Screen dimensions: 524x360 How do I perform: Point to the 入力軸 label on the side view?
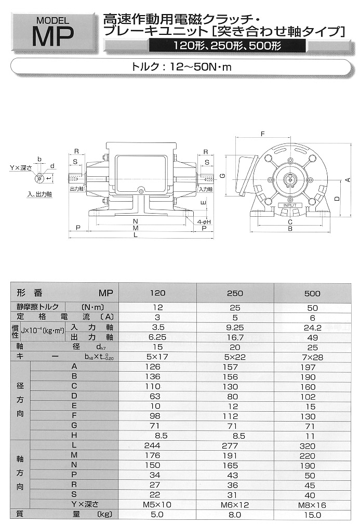tap(205, 190)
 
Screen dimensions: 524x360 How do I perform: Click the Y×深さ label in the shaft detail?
tap(21, 168)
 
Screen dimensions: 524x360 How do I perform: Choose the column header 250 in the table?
tap(235, 293)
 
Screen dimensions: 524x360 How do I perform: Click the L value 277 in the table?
tap(235, 446)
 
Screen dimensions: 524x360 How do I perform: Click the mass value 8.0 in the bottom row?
tap(235, 515)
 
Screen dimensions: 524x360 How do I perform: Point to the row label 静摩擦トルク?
tap(42, 307)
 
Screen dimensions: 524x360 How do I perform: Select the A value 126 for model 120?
tap(158, 367)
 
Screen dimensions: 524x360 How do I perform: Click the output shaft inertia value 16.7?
tap(235, 337)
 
